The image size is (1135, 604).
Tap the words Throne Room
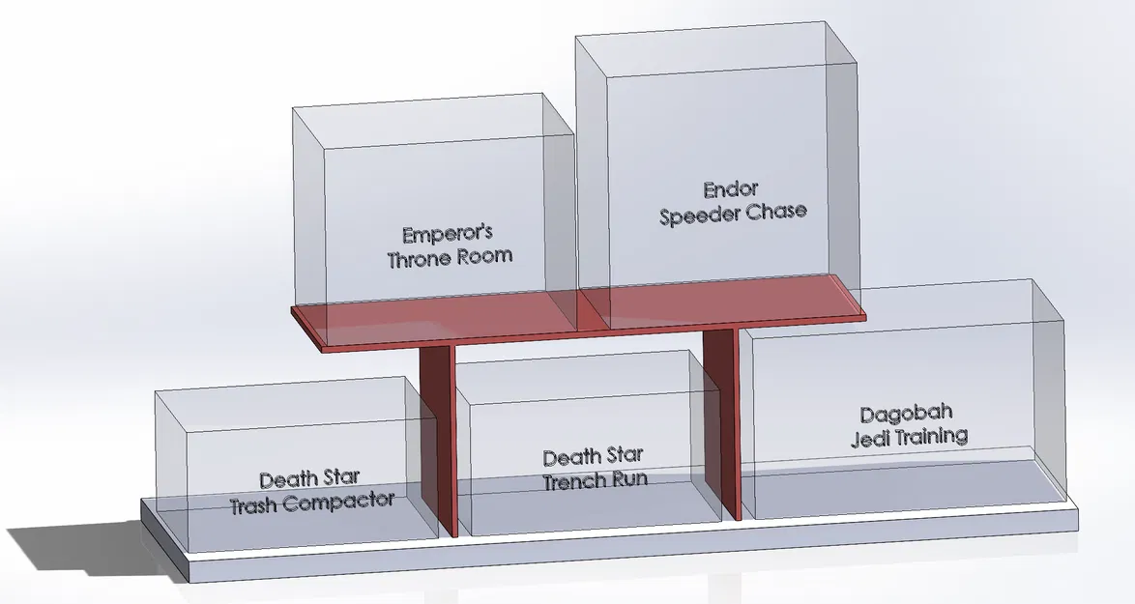(x=450, y=258)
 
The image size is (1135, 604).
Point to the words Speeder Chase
(x=733, y=214)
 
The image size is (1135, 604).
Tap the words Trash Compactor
(x=312, y=502)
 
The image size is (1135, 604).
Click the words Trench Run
(x=595, y=479)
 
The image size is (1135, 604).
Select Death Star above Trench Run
(x=594, y=456)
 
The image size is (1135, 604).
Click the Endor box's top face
(x=715, y=48)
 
